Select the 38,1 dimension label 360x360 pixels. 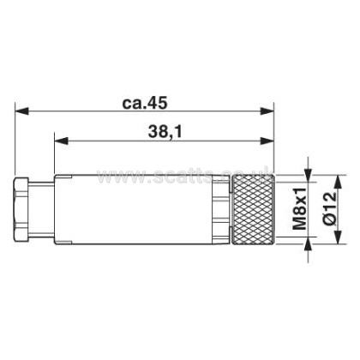(165, 132)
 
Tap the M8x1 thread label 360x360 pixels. (300, 208)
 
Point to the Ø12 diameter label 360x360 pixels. (330, 208)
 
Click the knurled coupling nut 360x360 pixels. (253, 210)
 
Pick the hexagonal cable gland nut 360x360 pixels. (21, 209)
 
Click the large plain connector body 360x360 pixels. (134, 209)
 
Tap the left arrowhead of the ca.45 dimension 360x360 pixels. (21, 111)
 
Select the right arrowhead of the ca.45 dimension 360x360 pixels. (267, 111)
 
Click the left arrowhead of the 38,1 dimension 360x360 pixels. (62, 141)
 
